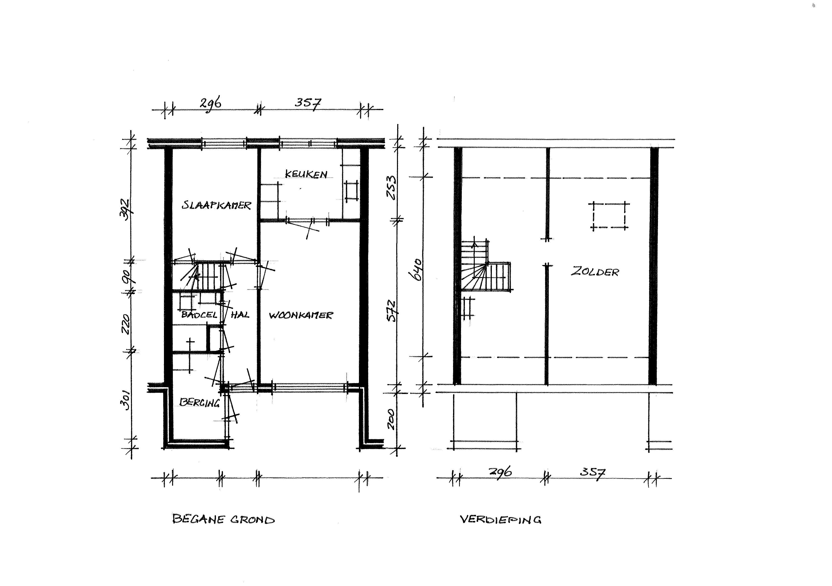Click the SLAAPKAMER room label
(217, 205)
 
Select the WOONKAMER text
(300, 315)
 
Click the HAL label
(240, 314)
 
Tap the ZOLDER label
(595, 272)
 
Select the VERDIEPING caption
(501, 520)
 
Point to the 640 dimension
(417, 269)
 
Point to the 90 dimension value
(126, 277)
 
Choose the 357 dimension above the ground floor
(308, 103)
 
